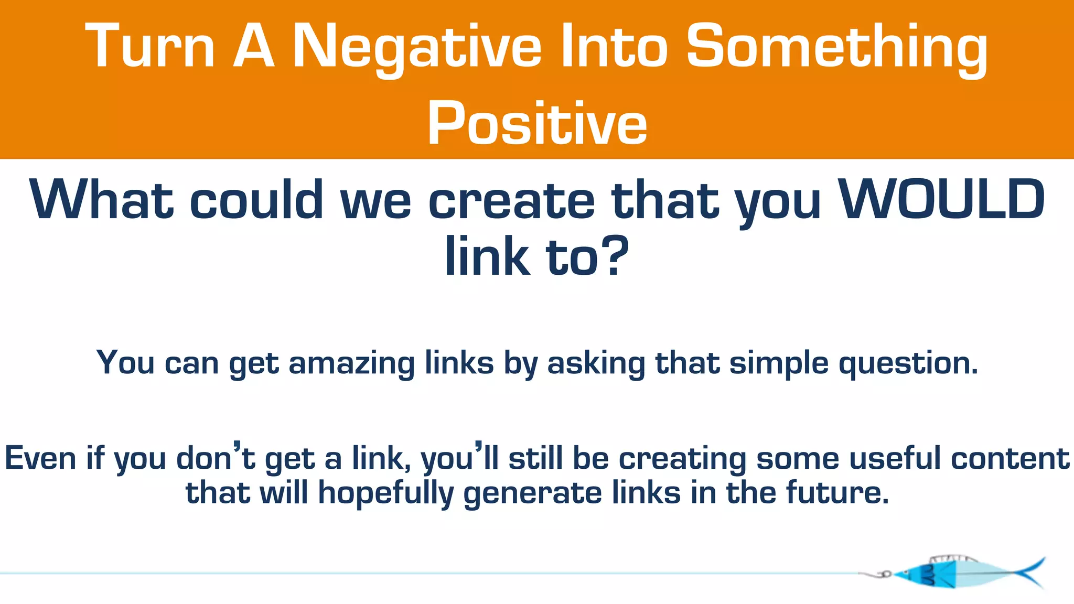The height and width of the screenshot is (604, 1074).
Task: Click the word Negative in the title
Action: pyautogui.click(x=417, y=47)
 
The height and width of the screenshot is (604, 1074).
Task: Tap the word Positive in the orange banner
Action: pyautogui.click(x=537, y=124)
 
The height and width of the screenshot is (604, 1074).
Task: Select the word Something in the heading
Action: pyautogui.click(x=836, y=47)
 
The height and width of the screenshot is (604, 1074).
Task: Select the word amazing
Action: pyautogui.click(x=352, y=363)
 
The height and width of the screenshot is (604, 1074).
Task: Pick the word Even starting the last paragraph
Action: pyautogui.click(x=40, y=458)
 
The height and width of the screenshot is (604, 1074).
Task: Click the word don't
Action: pyautogui.click(x=216, y=458)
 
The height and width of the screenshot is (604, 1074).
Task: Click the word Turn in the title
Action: pyautogui.click(x=150, y=47)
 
